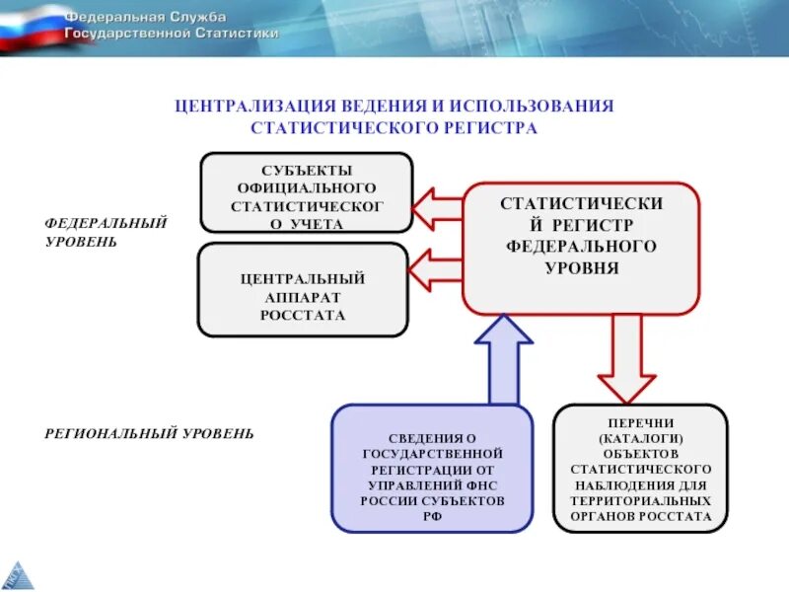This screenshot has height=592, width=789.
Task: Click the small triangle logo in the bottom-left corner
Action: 14,575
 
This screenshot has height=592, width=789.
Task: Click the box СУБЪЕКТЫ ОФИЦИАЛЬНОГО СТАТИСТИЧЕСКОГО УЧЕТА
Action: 306,192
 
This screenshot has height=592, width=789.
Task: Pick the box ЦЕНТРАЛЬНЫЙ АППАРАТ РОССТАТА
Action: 303,290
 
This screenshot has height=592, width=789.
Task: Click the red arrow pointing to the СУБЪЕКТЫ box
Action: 435,208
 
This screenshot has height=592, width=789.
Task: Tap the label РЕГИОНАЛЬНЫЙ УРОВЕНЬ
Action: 148,433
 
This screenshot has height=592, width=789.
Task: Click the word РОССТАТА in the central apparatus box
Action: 303,316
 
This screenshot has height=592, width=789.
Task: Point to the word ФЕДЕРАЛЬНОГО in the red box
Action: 581,246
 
